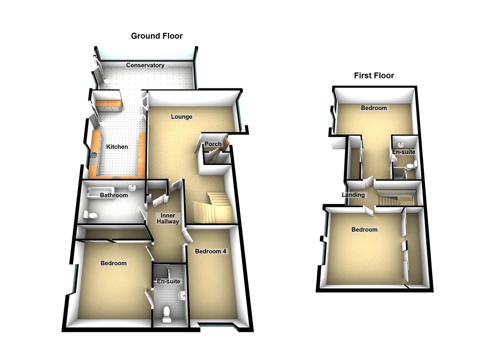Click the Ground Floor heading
pos(157,36)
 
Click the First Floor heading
pos(374,75)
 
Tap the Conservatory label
pos(145,65)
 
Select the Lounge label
pos(181,117)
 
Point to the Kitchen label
pos(117,147)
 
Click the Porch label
pos(213,144)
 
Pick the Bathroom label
pos(114,195)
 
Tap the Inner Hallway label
pos(168,219)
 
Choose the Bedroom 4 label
pos(210,251)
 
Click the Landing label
pos(353,195)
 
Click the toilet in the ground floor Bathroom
pos(90,215)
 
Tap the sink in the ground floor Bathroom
pos(132,188)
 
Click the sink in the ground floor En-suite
pos(182,296)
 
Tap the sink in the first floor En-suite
pos(401,145)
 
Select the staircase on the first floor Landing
pos(396,197)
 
